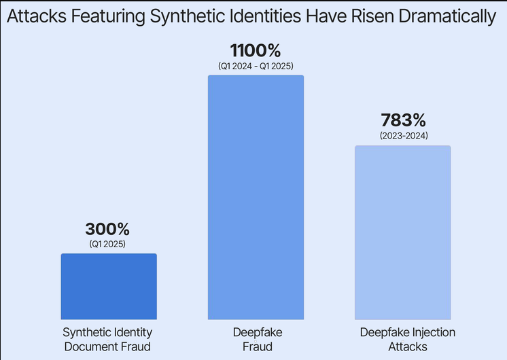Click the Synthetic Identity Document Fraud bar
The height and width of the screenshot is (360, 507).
click(109, 287)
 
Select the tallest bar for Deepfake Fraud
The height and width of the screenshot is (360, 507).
click(256, 198)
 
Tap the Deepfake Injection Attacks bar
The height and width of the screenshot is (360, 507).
click(403, 233)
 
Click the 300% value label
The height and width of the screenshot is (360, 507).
click(107, 229)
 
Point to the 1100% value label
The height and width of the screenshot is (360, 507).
click(256, 50)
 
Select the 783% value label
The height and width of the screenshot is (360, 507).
click(403, 120)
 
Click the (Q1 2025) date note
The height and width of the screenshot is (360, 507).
click(107, 244)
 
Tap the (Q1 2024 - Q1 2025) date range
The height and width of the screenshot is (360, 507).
click(256, 66)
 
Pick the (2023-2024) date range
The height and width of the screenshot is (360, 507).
click(404, 135)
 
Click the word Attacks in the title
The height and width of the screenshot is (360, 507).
click(37, 16)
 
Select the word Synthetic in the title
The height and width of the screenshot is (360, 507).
click(187, 17)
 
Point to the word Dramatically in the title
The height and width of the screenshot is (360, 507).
click(447, 17)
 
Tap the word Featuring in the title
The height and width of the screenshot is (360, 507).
click(108, 17)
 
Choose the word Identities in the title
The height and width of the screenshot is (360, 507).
click(265, 16)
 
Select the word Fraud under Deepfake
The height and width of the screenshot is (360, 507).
click(258, 346)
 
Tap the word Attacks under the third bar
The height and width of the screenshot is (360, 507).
click(408, 346)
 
